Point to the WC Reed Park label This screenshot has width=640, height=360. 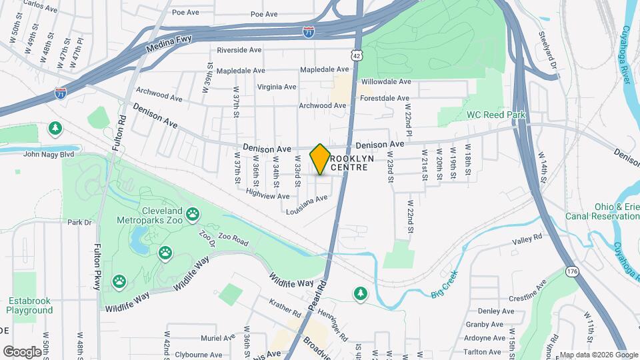click(x=496, y=115)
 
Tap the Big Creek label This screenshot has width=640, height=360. click(x=446, y=291)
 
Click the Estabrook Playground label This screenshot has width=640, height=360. click(x=30, y=306)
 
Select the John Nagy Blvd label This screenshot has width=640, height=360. click(x=48, y=154)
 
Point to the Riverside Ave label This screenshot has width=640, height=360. click(x=239, y=50)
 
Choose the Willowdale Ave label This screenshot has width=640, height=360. click(x=385, y=81)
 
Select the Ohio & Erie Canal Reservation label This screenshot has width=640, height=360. click(x=602, y=211)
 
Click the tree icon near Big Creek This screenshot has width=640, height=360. click(x=361, y=293)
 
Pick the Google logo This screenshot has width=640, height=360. click(x=23, y=351)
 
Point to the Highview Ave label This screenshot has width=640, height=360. click(x=267, y=196)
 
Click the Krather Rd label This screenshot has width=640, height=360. click(x=285, y=308)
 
